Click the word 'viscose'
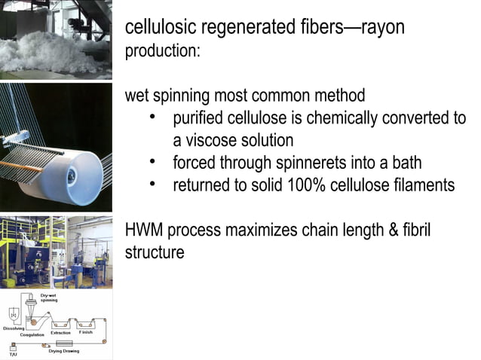tap(215, 141)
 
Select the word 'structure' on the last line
tap(155, 252)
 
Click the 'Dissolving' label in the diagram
tap(14, 328)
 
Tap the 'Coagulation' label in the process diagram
tap(32, 334)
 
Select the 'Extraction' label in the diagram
tap(60, 332)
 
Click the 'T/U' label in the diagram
tap(12, 353)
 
